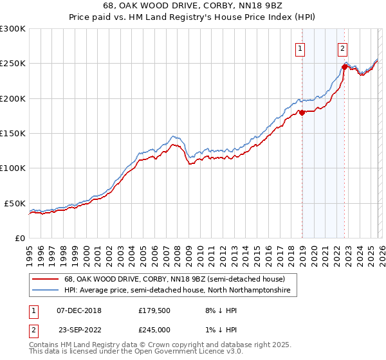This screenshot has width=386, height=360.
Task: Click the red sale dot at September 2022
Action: [x=345, y=66]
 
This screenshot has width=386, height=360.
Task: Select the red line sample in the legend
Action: [x=46, y=279]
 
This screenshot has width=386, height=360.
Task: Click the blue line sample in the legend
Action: [x=46, y=291]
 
